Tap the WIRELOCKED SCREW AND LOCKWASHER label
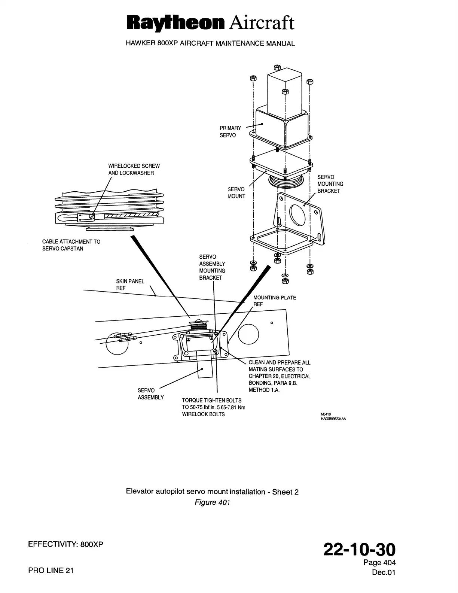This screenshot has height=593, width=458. (x=134, y=169)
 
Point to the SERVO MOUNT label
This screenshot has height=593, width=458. (x=236, y=193)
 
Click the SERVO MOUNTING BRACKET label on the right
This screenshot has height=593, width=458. (x=330, y=184)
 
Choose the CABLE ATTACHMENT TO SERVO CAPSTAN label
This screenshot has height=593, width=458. (x=71, y=245)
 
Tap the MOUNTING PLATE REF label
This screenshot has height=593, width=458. (x=274, y=301)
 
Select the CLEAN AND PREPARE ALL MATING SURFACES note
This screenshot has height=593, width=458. (x=279, y=376)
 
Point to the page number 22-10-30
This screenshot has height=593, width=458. (x=359, y=550)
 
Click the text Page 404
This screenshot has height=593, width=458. (x=379, y=562)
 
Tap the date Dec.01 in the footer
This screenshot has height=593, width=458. (x=383, y=572)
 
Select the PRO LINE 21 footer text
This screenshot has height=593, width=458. (x=51, y=571)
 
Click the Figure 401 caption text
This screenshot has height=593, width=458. (x=212, y=502)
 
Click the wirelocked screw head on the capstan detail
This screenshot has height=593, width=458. (x=92, y=216)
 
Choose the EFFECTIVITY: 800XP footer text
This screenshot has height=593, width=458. (x=65, y=545)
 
